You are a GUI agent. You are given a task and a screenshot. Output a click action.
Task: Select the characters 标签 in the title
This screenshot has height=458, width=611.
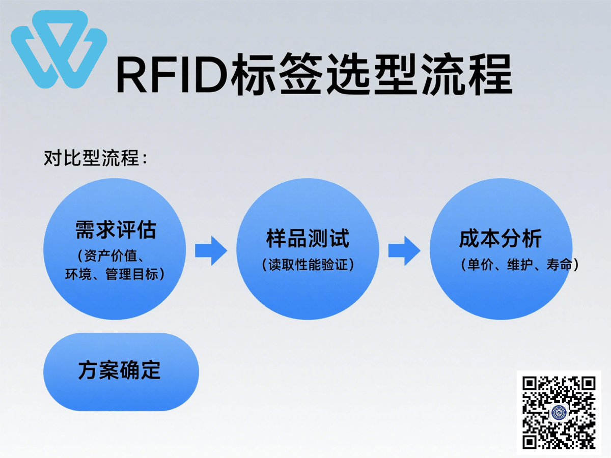pos(276,74)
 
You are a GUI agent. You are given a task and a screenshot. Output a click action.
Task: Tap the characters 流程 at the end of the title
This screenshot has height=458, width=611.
pos(466,74)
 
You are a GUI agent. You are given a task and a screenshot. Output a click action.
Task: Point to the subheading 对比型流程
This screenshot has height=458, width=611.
pos(92,158)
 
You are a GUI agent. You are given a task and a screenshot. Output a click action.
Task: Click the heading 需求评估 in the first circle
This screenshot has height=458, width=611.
pos(116,230)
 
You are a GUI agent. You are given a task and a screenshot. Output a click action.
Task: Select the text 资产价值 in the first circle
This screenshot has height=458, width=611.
pos(110,256)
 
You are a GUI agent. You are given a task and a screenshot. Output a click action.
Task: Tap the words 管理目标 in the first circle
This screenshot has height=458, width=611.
pos(131,274)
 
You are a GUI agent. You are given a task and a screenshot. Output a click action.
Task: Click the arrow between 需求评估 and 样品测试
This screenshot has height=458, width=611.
pos(211,250)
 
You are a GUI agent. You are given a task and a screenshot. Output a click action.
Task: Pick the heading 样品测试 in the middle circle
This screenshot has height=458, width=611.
pos(308,238)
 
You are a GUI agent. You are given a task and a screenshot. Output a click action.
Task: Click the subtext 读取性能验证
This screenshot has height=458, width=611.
pos(308,265)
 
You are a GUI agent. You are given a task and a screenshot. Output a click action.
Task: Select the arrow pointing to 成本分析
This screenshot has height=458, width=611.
pos(404,250)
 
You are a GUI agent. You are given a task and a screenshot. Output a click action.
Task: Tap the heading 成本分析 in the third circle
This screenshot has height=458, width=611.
pos(501,238)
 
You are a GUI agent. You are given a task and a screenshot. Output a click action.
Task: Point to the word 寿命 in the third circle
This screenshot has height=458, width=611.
pos(559,265)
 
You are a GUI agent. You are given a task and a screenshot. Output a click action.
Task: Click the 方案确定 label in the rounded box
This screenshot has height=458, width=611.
pos(120,370)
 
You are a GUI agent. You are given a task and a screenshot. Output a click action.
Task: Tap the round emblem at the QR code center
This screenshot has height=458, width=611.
pos(559,413)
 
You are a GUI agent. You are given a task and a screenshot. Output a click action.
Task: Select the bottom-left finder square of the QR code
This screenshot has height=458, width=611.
pos(530,441)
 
